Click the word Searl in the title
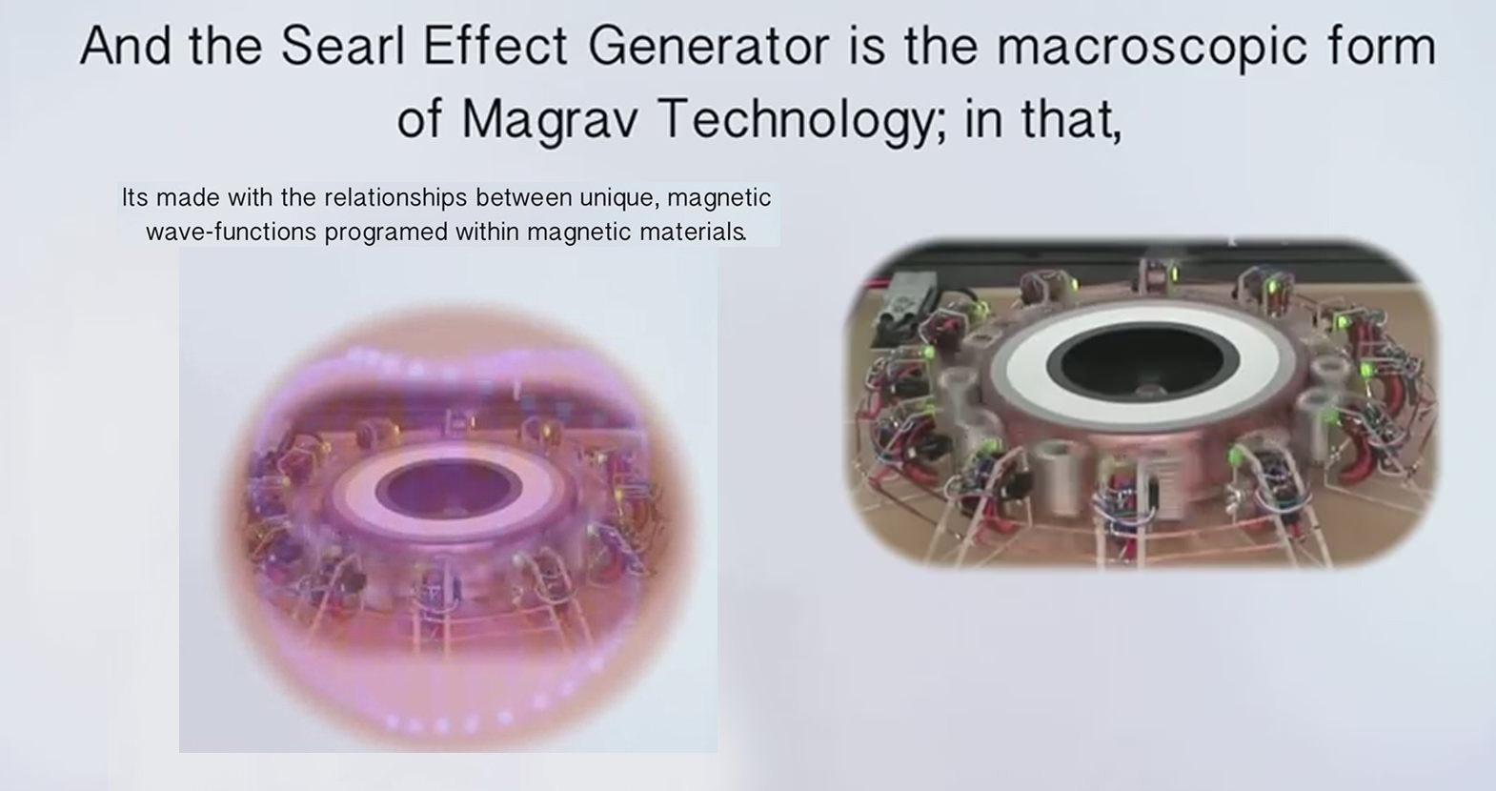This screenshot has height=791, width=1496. click(343, 46)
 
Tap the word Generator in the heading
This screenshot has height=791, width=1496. click(709, 46)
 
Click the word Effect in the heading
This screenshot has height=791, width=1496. click(495, 46)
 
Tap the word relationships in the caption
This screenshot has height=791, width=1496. click(395, 198)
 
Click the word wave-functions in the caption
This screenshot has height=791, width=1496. click(232, 232)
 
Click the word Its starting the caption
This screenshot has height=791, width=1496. click(135, 198)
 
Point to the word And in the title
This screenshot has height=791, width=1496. click(125, 46)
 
